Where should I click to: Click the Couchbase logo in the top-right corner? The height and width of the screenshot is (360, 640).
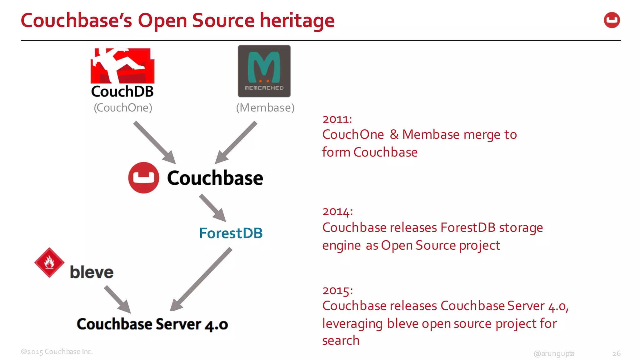(612, 20)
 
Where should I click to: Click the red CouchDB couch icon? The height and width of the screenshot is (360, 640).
(122, 66)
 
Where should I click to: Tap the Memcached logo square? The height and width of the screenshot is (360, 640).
(264, 71)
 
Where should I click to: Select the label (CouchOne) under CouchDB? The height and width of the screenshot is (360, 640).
(123, 108)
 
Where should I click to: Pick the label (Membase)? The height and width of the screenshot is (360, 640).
(265, 108)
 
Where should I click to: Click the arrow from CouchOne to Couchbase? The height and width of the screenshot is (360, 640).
(154, 142)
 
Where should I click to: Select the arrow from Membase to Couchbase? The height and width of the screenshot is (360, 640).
(236, 142)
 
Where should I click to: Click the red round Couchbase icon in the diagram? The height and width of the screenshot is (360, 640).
(143, 177)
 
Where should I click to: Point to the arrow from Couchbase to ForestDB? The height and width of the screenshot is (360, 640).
(212, 208)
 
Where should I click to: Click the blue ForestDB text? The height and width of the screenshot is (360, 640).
(231, 233)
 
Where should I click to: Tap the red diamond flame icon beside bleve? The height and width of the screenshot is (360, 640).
(49, 262)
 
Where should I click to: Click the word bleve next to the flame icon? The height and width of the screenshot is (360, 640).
(92, 272)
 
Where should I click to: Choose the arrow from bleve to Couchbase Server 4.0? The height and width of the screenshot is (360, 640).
(117, 299)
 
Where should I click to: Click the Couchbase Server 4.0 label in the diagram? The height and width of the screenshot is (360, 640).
(152, 324)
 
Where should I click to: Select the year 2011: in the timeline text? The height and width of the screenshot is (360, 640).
(337, 119)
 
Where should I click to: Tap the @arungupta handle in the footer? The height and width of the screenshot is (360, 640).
(554, 353)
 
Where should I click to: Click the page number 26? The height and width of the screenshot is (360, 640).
(616, 353)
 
